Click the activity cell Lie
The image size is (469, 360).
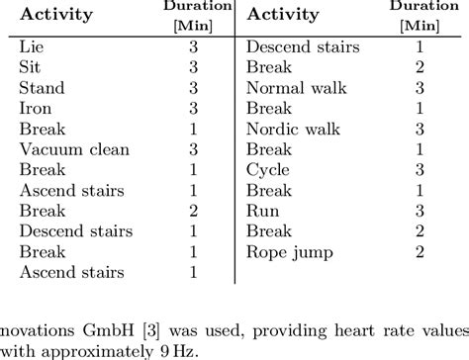pos(31,46)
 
